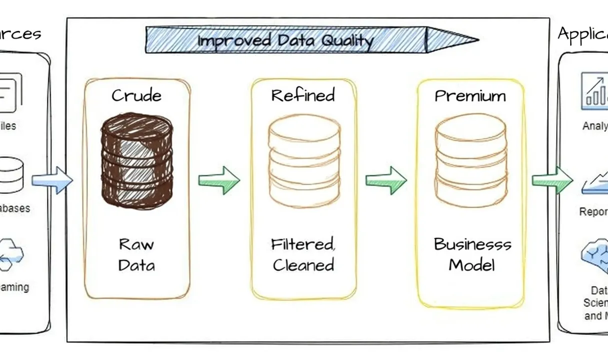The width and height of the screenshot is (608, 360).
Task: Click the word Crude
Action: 137,95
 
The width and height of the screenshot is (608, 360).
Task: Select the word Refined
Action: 303,95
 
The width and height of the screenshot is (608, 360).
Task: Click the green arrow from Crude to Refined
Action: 219,180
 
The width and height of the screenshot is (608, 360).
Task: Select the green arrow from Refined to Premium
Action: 386,180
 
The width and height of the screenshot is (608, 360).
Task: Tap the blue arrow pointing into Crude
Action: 52,180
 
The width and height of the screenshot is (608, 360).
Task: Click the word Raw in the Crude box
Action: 136,244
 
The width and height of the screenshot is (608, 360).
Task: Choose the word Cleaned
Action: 303,265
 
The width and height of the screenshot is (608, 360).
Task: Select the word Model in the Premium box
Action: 471,264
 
